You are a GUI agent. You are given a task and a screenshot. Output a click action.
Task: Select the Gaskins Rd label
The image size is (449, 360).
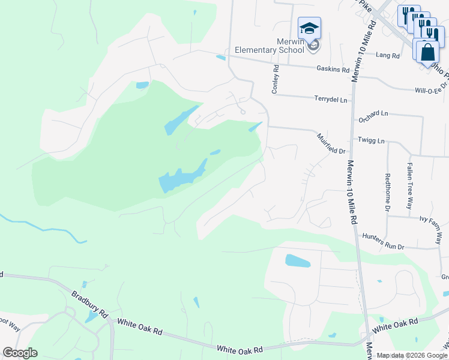(x=333, y=70)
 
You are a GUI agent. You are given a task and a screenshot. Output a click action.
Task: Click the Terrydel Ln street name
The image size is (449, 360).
(x=330, y=99)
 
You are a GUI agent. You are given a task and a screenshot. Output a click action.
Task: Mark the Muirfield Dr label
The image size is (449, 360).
(x=331, y=144)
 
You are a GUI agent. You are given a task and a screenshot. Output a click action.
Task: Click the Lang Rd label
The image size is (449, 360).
(x=387, y=55)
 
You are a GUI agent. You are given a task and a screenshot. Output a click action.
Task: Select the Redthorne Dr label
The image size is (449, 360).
(x=388, y=193)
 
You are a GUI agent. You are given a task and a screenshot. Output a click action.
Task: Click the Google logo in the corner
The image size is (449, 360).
(x=20, y=353)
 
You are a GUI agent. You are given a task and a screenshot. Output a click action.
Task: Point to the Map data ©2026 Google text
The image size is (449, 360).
(x=411, y=355)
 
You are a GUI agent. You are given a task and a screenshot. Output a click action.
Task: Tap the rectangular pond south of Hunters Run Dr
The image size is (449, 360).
(x=298, y=261)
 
